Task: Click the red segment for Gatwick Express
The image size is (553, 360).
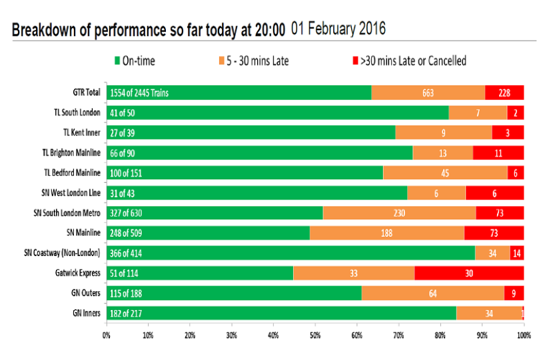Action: pos(469,273)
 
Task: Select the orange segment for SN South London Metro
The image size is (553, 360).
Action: pos(399,213)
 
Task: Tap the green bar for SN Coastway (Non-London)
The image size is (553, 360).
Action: pos(291,253)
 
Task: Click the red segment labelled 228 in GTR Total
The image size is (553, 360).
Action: pos(504,93)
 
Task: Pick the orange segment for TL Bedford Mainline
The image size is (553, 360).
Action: pos(446,173)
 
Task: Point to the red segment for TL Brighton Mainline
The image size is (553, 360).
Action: pos(498,153)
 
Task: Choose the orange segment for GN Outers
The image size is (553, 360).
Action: pos(432,293)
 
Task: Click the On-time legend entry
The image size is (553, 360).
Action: pos(135,61)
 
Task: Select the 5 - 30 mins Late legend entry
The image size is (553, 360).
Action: pos(254,61)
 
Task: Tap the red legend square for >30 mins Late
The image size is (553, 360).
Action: pos(356,61)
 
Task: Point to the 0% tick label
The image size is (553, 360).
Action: pos(107,335)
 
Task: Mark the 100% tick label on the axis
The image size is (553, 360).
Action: pos(524,335)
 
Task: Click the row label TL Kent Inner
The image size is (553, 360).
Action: pos(82,133)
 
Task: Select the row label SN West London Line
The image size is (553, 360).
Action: pos(71,193)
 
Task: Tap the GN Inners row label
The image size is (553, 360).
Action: pos(87,313)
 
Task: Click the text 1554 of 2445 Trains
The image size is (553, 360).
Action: pos(139,93)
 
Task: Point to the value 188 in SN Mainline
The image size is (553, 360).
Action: pos(387,233)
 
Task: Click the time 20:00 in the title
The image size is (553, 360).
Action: pos(270,30)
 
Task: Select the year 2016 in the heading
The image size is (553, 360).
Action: pos(372,29)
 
